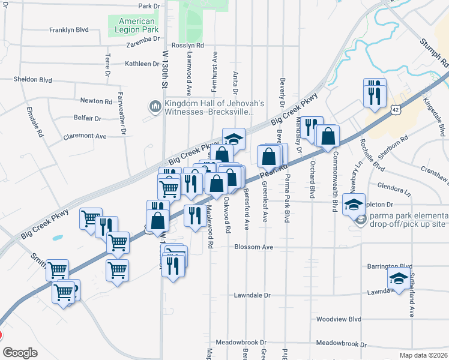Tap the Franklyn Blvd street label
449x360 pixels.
pyautogui.click(x=69, y=29)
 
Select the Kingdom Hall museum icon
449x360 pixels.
pyautogui.click(x=154, y=107)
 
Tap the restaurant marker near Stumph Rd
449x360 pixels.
pyautogui.click(x=374, y=92)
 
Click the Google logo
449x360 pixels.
pyautogui.click(x=20, y=353)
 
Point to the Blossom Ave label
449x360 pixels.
pyautogui.click(x=254, y=247)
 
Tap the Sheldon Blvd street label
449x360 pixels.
pyautogui.click(x=33, y=79)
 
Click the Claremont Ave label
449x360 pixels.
pyautogui.click(x=85, y=136)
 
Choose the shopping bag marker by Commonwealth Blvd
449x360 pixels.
pyautogui.click(x=328, y=137)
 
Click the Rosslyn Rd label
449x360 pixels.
pyautogui.click(x=188, y=45)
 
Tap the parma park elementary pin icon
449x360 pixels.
pyautogui.click(x=360, y=220)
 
